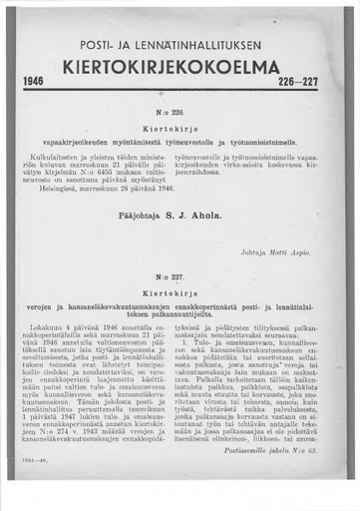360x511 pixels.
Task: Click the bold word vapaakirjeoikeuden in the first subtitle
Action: click(84, 145)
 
